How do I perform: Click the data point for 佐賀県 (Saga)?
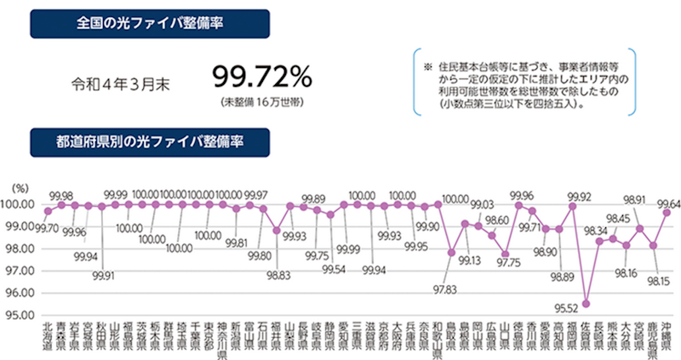pos(587,304)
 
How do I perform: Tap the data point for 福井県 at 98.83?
pos(277,231)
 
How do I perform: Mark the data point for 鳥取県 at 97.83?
pos(451,253)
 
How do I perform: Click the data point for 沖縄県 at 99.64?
pos(667,213)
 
